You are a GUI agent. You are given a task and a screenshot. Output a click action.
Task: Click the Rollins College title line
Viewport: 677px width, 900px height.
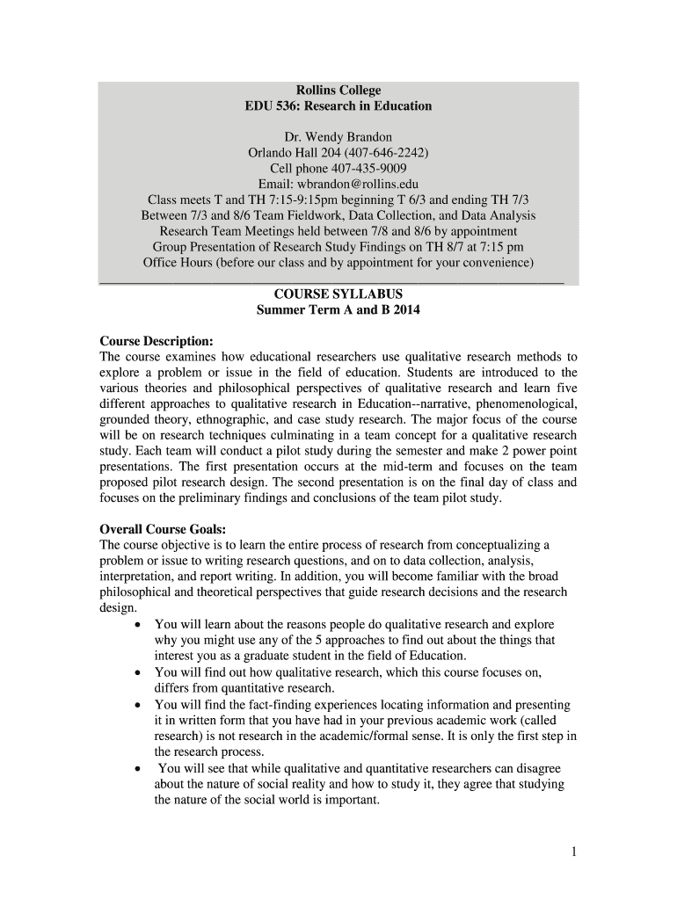(338, 90)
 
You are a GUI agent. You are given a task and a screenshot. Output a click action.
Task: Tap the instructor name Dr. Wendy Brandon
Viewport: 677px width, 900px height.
(338, 137)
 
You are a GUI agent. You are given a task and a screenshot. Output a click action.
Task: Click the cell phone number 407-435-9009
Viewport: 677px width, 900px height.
(368, 169)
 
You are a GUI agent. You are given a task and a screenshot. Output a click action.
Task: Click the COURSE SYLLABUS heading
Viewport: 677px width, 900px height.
(338, 294)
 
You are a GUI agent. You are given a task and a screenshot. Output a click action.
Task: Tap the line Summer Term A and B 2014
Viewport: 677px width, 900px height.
(338, 310)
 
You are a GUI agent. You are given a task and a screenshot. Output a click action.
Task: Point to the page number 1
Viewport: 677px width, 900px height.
(571, 853)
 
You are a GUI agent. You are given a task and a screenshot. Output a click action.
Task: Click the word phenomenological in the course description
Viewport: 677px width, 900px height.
(526, 404)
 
